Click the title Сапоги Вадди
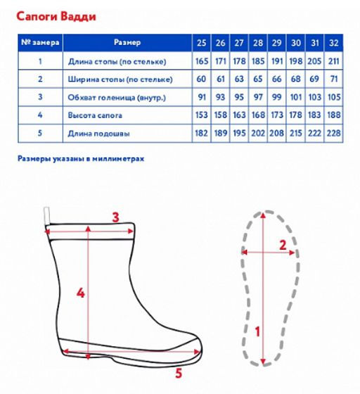[56, 17]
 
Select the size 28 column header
[258, 43]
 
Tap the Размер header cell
[127, 42]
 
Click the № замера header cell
[40, 42]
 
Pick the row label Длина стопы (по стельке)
[117, 62]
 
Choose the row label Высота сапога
[95, 115]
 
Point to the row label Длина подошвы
[98, 133]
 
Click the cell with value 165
[202, 61]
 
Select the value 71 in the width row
[334, 79]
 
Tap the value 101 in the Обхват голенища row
[296, 97]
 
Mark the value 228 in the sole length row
[334, 133]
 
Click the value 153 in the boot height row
[202, 115]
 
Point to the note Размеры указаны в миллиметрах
[81, 159]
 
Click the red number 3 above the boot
[115, 217]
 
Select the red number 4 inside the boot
[80, 293]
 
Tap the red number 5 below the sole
[179, 374]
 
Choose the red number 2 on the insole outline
[283, 245]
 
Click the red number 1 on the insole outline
[257, 331]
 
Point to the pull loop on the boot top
[46, 215]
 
